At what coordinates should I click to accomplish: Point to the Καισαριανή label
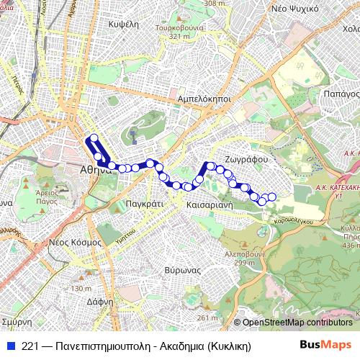[x=207, y=204]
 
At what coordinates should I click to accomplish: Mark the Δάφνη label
[x=100, y=302]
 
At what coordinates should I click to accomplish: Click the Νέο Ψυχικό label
[x=295, y=9]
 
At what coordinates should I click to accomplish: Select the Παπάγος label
[x=341, y=94]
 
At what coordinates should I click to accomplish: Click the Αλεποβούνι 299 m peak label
[x=245, y=258]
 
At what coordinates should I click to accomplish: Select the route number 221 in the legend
[x=30, y=346]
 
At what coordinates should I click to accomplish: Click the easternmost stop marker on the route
[x=271, y=197]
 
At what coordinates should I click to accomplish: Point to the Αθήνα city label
[x=94, y=171]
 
